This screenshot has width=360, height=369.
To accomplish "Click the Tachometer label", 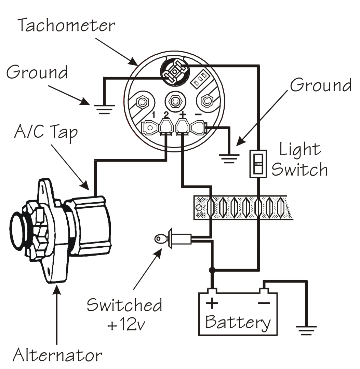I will point(66,26).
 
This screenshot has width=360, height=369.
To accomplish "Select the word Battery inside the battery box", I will point(238,322).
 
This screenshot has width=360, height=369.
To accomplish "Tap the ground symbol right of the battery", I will point(306,330).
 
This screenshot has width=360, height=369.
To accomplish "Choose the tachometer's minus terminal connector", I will point(198,128).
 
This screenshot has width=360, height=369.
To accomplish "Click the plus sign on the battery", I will point(211,303).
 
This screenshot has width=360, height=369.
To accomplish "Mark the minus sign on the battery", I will point(263,303).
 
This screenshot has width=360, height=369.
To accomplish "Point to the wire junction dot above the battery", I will point(212,270).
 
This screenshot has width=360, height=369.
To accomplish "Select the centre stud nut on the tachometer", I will point(175,101).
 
